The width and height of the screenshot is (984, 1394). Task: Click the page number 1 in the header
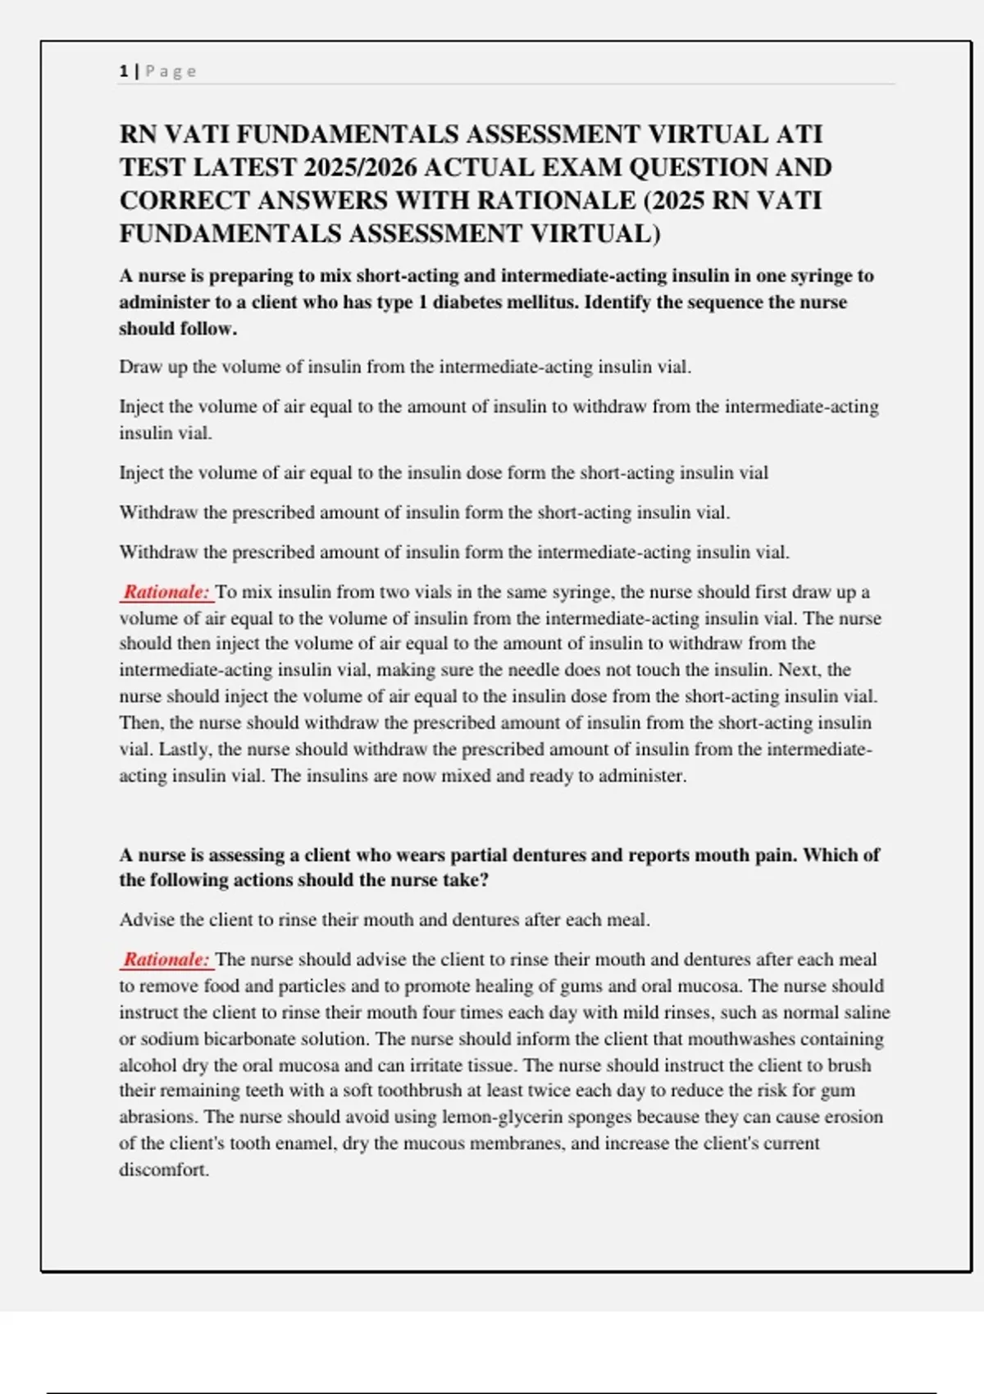pos(123,71)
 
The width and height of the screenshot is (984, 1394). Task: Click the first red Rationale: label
pos(166,592)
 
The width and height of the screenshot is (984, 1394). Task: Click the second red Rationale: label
pos(166,959)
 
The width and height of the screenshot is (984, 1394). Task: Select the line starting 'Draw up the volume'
pos(405,367)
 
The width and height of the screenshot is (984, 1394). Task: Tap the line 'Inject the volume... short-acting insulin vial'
pos(443,473)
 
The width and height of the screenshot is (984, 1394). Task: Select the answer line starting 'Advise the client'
pos(384,920)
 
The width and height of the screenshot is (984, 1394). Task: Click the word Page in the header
pos(171,71)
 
